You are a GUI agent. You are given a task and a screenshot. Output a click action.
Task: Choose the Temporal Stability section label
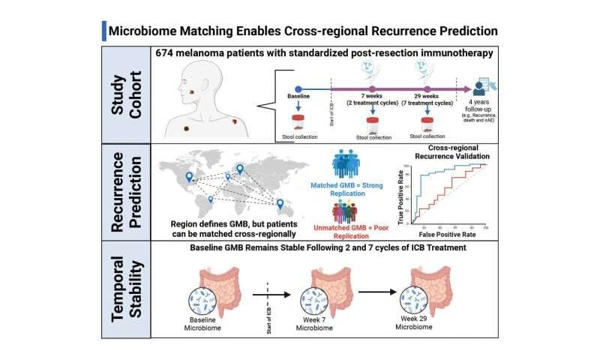click(125, 289)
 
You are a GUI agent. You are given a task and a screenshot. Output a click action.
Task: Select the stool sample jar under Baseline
click(298, 120)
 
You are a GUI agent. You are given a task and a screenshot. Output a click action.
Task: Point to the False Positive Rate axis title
click(450, 235)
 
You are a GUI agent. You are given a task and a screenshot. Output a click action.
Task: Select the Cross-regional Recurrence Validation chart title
click(448, 152)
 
